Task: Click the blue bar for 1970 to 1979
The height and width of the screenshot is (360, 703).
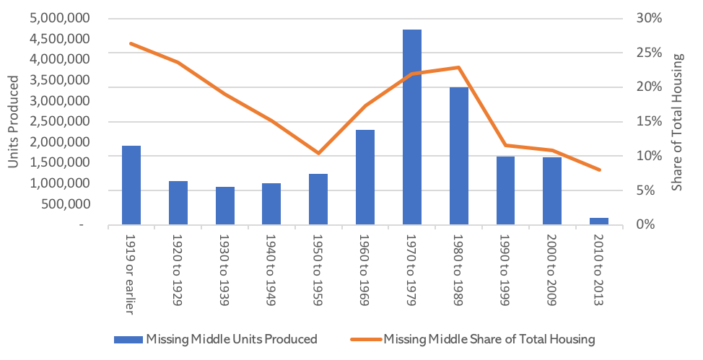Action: coord(411,127)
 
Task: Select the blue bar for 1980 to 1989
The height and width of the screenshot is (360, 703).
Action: coord(458,156)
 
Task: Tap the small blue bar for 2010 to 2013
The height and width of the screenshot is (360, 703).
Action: coord(599,221)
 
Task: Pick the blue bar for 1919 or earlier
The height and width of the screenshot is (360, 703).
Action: coord(131,185)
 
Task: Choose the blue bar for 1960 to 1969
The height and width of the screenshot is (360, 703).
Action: coord(365,177)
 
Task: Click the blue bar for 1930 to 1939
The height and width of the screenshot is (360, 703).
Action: coord(224,206)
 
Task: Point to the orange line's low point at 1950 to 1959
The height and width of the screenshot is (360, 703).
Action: coord(318,153)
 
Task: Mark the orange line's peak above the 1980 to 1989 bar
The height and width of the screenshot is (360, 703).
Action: coord(458,68)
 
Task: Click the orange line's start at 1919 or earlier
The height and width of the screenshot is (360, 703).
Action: coord(131,43)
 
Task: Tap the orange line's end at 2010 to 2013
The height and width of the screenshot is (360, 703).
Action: coord(599,170)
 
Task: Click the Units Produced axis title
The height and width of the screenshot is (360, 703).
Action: coord(12,122)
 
